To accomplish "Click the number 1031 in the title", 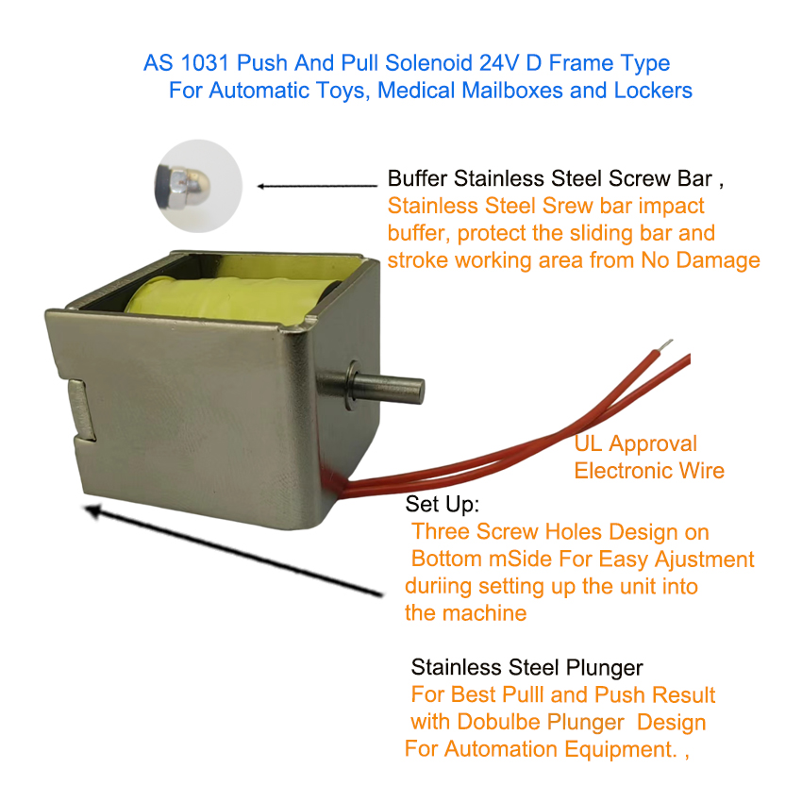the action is (x=205, y=63).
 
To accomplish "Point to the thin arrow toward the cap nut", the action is (x=317, y=186).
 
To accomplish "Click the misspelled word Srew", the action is (x=567, y=206).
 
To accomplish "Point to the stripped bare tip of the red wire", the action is (x=665, y=345).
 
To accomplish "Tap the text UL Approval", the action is (x=635, y=444).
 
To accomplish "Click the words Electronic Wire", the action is (x=649, y=471).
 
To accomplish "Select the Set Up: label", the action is (x=443, y=505).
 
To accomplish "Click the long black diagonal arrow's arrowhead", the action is (x=93, y=510).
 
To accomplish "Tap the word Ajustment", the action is (x=704, y=560).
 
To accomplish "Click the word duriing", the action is (x=439, y=587).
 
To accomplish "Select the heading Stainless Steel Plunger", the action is (x=526, y=668).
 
